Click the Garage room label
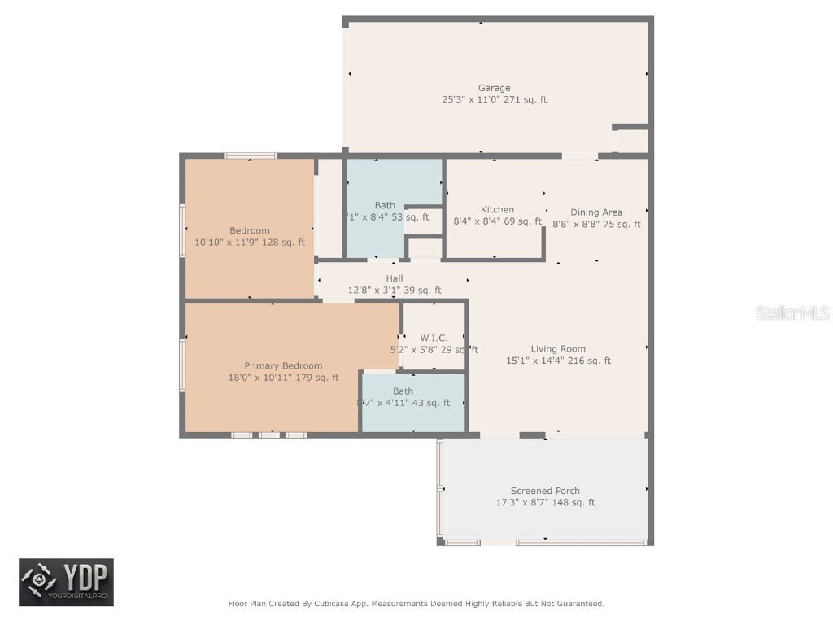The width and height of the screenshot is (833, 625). [494, 88]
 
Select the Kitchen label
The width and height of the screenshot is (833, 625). [497, 209]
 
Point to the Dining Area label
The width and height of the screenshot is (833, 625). [596, 212]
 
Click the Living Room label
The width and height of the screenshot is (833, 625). [558, 349]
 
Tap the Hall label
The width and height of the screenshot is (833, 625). [395, 278]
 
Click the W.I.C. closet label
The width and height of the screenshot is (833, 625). [434, 338]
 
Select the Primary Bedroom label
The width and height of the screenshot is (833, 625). [283, 366]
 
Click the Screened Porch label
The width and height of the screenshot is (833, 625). [545, 491]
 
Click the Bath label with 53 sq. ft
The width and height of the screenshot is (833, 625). [385, 205]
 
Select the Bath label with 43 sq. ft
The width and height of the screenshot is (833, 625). [403, 391]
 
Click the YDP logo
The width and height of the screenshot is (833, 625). [67, 582]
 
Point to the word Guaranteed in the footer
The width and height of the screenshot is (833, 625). [579, 604]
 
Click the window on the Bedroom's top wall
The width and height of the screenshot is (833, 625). [251, 155]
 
